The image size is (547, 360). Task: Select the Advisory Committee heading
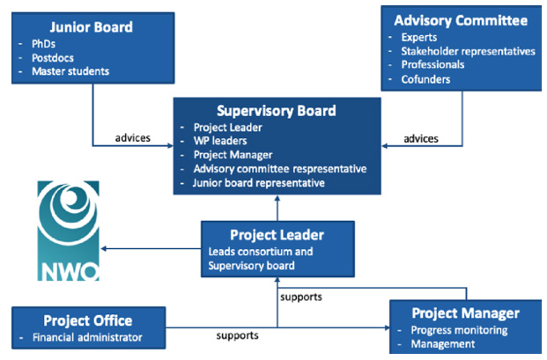[x=461, y=19]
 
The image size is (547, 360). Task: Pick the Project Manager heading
[x=466, y=313]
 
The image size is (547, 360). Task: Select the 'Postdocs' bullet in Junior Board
[x=53, y=57]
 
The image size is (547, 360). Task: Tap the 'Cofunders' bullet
[x=427, y=78]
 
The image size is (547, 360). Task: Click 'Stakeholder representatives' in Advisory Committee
[x=468, y=51]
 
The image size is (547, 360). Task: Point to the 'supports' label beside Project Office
[x=239, y=336]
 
